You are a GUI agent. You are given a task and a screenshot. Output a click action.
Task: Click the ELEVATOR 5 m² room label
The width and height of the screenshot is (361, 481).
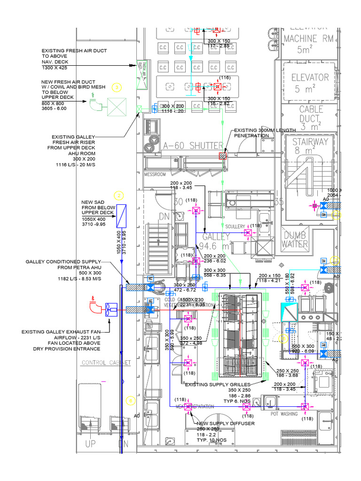coord(310,83)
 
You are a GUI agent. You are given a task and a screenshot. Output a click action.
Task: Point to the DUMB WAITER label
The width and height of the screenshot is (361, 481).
coord(295,239)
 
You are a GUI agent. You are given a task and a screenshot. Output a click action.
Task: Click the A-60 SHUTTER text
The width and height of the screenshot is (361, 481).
coord(188,146)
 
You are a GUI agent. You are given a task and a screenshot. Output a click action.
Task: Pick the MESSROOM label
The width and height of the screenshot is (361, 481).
coord(155,174)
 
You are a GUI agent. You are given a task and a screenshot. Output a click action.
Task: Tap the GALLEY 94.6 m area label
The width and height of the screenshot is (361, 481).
coord(216,241)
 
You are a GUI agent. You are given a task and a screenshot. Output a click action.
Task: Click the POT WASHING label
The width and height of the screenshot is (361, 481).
coord(284,414)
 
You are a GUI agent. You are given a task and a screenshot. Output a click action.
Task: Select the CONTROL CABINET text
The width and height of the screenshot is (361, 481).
coord(106,363)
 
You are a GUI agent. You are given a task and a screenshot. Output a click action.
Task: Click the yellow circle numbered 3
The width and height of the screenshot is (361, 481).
coord(117,87)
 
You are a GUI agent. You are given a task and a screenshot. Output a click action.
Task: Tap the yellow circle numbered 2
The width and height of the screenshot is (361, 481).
coord(119,195)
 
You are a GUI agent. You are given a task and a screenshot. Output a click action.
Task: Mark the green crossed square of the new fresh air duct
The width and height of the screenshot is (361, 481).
coord(117,107)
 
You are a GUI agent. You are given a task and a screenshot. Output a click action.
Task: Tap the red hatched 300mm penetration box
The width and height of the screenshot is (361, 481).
coord(223,155)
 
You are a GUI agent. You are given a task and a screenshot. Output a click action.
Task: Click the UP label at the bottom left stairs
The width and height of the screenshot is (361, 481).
coord(90,444)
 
